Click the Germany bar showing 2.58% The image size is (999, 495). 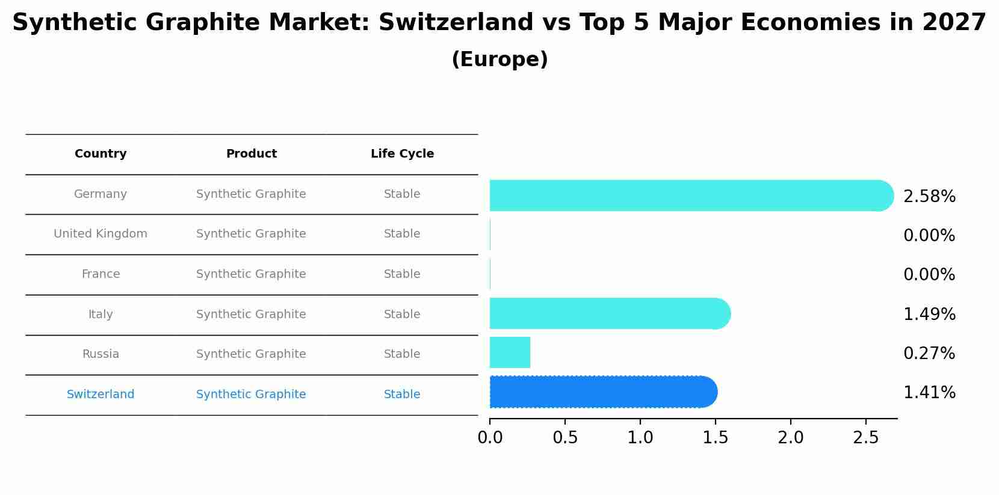click(691, 195)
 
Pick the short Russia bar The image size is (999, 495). click(510, 352)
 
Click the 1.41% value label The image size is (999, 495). click(929, 393)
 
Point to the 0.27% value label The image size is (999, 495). click(929, 354)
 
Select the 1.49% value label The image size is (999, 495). click(929, 314)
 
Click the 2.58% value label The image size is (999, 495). click(929, 197)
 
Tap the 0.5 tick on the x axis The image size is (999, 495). click(565, 438)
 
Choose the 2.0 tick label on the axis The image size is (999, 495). click(790, 438)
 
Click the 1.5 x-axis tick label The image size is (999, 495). click(715, 438)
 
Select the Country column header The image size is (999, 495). click(101, 154)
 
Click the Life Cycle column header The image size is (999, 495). click(402, 154)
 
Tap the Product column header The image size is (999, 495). click(251, 154)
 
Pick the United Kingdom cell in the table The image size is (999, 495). click(101, 234)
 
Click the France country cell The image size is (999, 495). click(101, 274)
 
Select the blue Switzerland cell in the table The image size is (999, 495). click(101, 395)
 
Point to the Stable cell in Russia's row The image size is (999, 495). click(402, 354)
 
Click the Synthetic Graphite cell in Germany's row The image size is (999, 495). click(251, 194)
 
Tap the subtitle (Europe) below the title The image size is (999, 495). click(499, 60)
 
